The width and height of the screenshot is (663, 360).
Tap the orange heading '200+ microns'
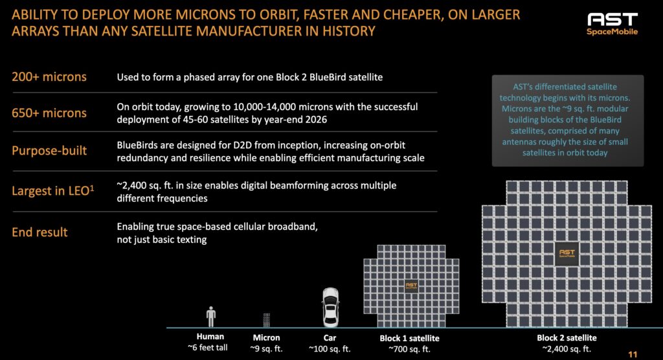(x=49, y=77)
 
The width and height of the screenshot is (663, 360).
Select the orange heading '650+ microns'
(x=49, y=113)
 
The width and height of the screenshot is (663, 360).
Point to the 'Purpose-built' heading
(x=49, y=151)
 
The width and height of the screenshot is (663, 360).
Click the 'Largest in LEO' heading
(x=52, y=191)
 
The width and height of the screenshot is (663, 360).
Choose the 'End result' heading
(x=39, y=232)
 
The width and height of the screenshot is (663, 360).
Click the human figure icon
(x=210, y=317)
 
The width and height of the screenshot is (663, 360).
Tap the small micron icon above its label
(x=266, y=319)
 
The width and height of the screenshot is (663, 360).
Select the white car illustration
(x=330, y=307)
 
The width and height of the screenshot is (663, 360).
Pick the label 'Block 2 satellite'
(x=567, y=338)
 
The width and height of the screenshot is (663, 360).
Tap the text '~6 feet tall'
(x=210, y=348)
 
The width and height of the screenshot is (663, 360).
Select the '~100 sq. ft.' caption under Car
(x=330, y=348)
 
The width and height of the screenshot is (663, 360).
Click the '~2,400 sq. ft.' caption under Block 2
(x=567, y=348)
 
